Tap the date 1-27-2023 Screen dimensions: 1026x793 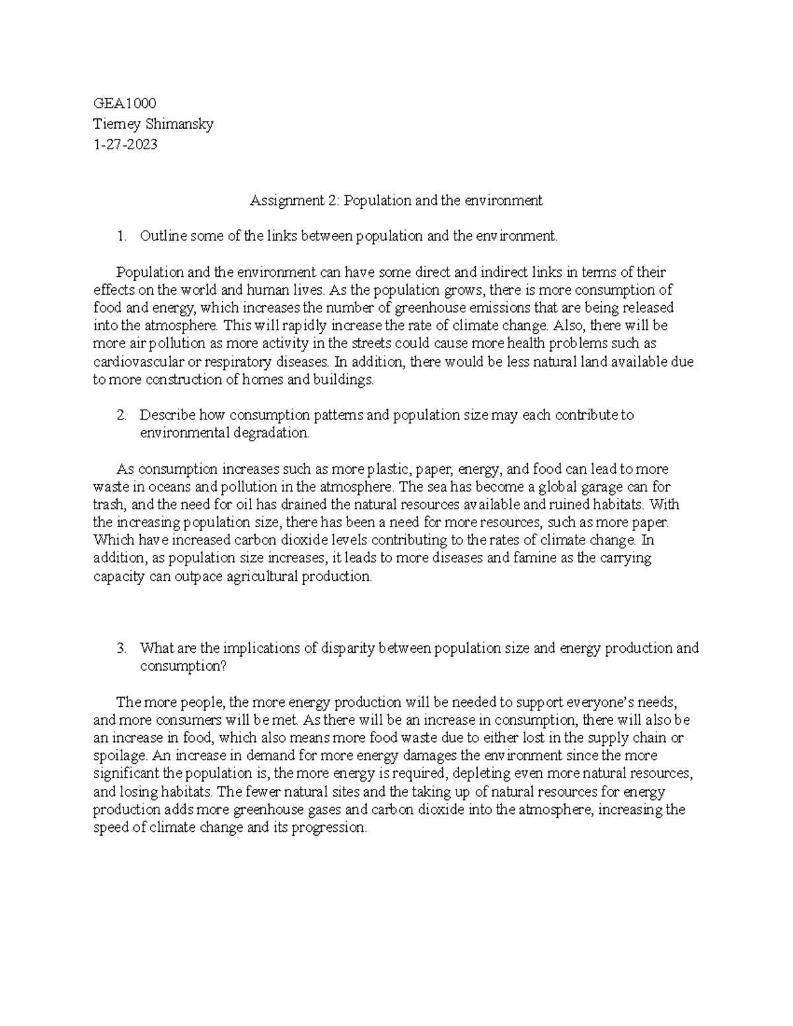pos(126,145)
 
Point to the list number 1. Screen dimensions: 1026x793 pos(121,236)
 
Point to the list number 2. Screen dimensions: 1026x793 pos(121,416)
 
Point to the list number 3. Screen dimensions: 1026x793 pos(121,648)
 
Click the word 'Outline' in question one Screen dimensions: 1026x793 pos(163,236)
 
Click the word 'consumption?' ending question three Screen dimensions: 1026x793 pos(183,666)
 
